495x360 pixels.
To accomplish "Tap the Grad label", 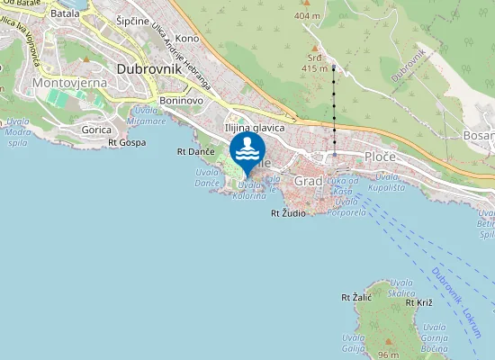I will click(309, 180).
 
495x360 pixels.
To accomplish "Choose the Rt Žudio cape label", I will click(288, 213).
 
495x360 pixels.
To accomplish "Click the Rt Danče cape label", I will click(193, 153).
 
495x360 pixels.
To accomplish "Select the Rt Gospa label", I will click(126, 142).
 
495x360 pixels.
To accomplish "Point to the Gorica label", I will click(96, 130).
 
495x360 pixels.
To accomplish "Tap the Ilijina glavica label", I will click(255, 129).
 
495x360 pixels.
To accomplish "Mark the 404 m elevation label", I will click(307, 16).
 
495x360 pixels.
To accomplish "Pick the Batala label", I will click(65, 13).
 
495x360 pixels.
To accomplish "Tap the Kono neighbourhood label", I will click(187, 38).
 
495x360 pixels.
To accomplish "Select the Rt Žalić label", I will click(356, 297).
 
